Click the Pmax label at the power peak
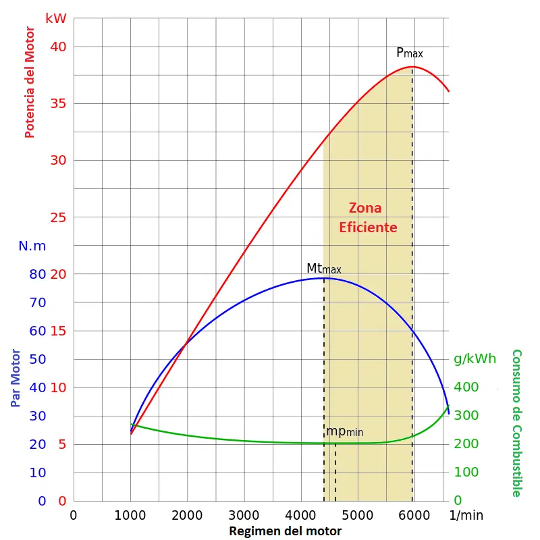click(x=409, y=53)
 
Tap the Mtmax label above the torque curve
click(x=324, y=269)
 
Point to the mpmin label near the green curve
click(x=344, y=431)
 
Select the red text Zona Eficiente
click(x=367, y=217)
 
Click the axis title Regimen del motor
click(x=285, y=531)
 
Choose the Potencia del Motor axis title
click(x=29, y=82)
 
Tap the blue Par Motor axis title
click(x=16, y=378)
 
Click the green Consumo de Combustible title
click(x=517, y=423)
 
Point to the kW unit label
click(x=56, y=18)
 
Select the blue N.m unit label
click(x=32, y=246)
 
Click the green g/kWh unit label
click(x=475, y=358)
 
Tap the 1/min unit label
click(x=466, y=515)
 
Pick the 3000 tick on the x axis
click(x=244, y=515)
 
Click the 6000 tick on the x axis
click(x=414, y=515)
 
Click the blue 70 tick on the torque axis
click(x=38, y=302)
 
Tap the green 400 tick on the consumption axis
click(x=466, y=387)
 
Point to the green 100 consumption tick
click(x=466, y=473)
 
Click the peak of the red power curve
click(x=412, y=67)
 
